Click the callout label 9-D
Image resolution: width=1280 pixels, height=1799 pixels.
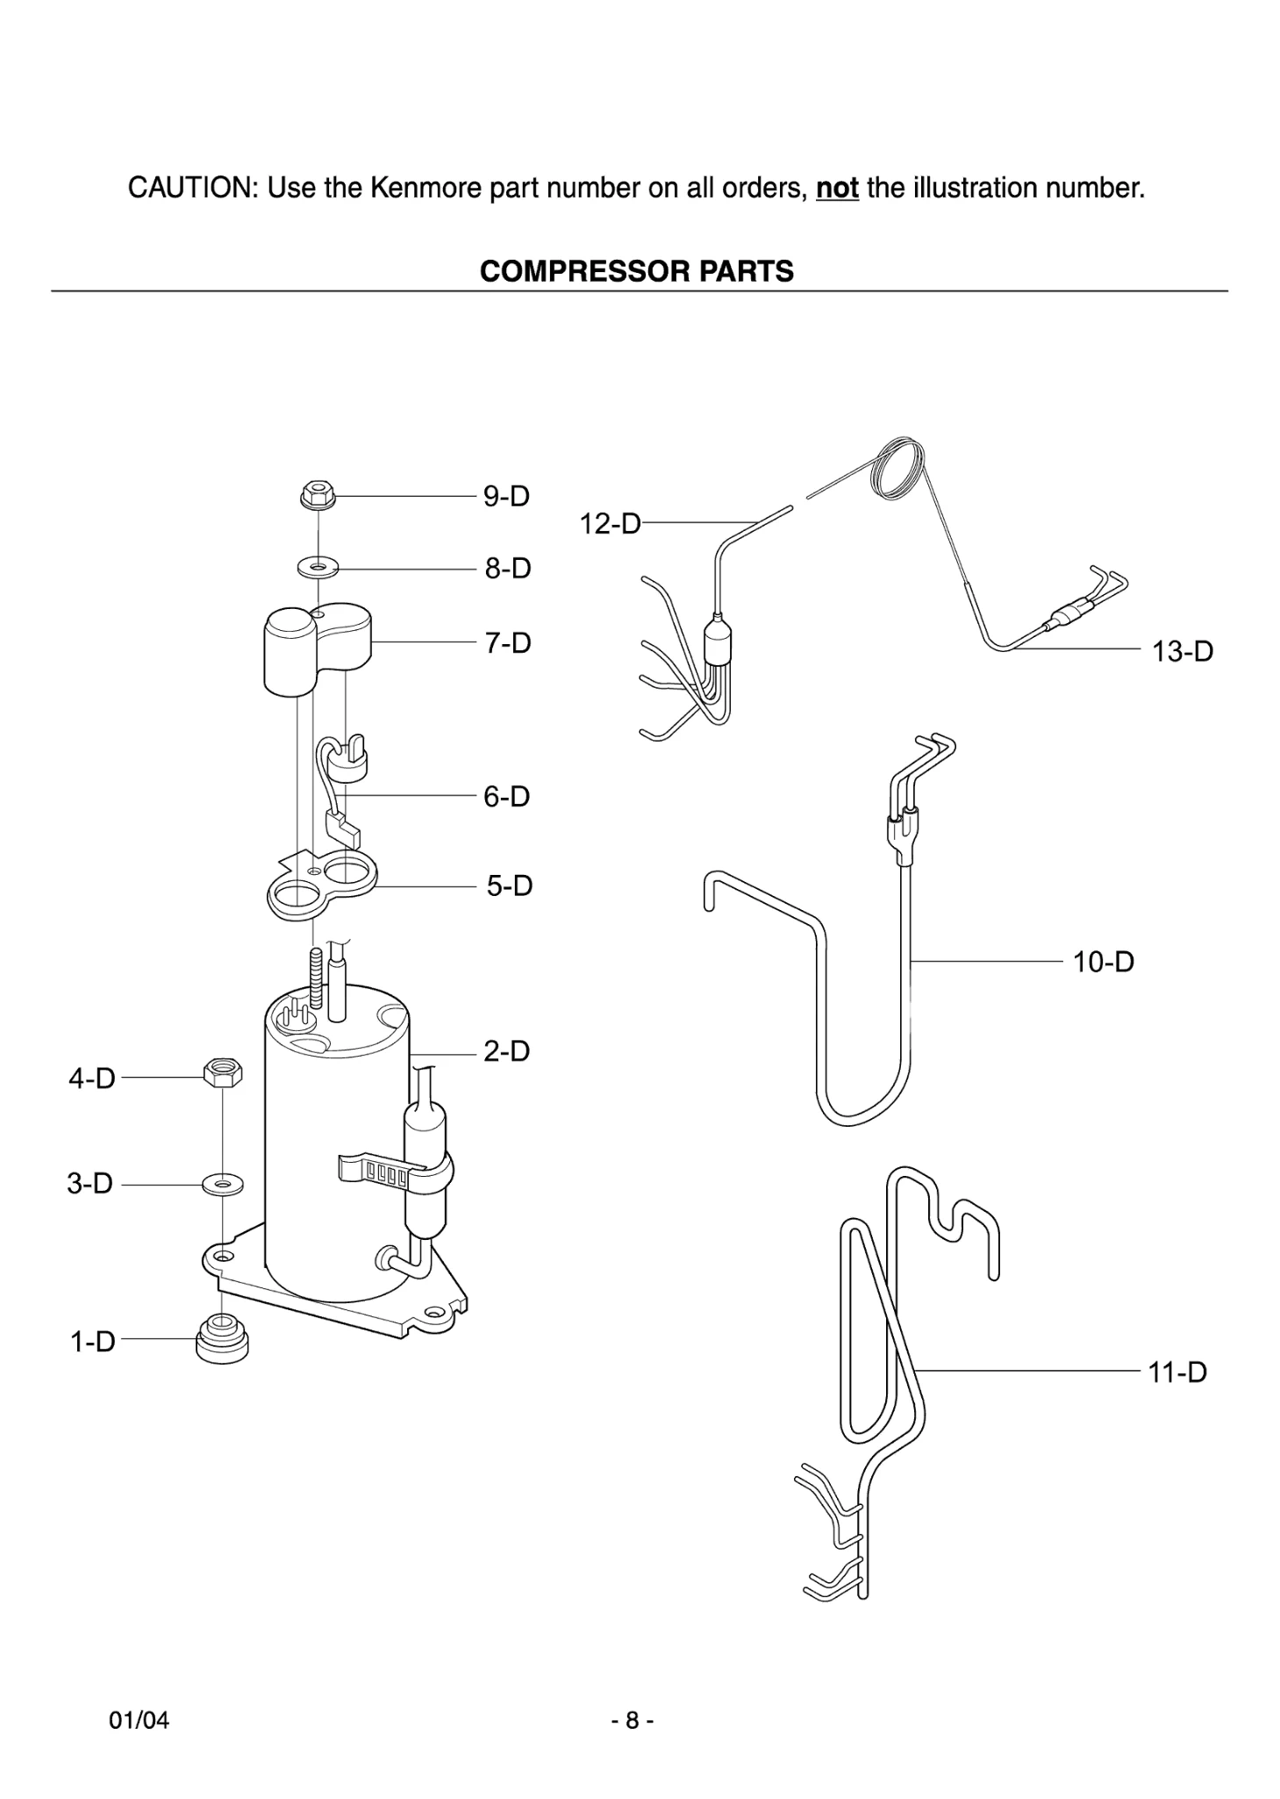(506, 497)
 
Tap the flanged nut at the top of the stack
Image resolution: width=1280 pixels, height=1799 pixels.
(318, 495)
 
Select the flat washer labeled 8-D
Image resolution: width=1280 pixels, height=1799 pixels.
(318, 569)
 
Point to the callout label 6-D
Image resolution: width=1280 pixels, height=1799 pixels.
(506, 797)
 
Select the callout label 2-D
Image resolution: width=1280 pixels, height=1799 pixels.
(506, 1051)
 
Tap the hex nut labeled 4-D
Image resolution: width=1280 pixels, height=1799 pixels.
(223, 1073)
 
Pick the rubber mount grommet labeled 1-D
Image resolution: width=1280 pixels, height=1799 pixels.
(222, 1341)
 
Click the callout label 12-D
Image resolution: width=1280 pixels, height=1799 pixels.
(610, 525)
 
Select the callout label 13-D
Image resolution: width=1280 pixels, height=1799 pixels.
(1182, 652)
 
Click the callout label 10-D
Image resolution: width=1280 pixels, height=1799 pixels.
(1103, 963)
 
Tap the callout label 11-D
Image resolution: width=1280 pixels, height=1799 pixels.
(1177, 1373)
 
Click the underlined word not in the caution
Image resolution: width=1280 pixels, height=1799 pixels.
(836, 189)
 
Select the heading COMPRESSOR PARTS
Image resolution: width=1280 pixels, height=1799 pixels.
(636, 272)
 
